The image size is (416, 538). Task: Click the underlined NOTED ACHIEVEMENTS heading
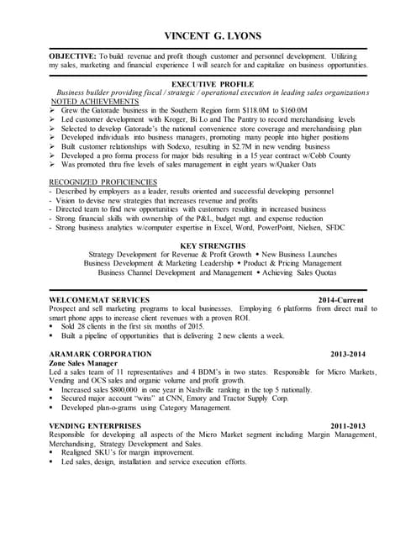coord(92,101)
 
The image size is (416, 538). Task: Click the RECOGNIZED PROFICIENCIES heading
coord(103,182)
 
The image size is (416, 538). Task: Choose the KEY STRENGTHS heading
coord(208,245)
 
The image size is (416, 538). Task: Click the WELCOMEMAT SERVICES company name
coord(99,299)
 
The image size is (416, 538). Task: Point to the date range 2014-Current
coord(340,299)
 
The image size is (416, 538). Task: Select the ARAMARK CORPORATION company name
coord(100,354)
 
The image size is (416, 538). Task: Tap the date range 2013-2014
coord(348,354)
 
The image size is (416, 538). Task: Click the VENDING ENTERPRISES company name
coord(97,426)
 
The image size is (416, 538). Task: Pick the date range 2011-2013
coord(348,426)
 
